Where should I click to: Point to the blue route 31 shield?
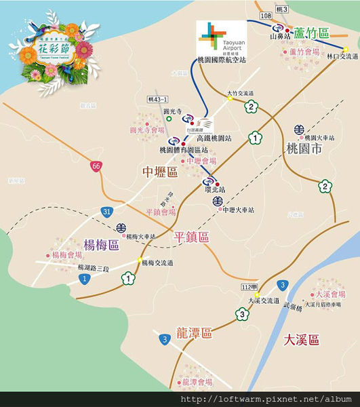coord(108,212)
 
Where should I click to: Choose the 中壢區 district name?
coord(160,173)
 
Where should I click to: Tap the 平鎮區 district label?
coord(191,237)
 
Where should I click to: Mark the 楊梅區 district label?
coord(101,244)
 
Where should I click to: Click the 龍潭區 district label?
coord(194,333)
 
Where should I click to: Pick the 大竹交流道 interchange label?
coord(240,93)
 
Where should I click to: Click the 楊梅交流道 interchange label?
coord(157,262)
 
